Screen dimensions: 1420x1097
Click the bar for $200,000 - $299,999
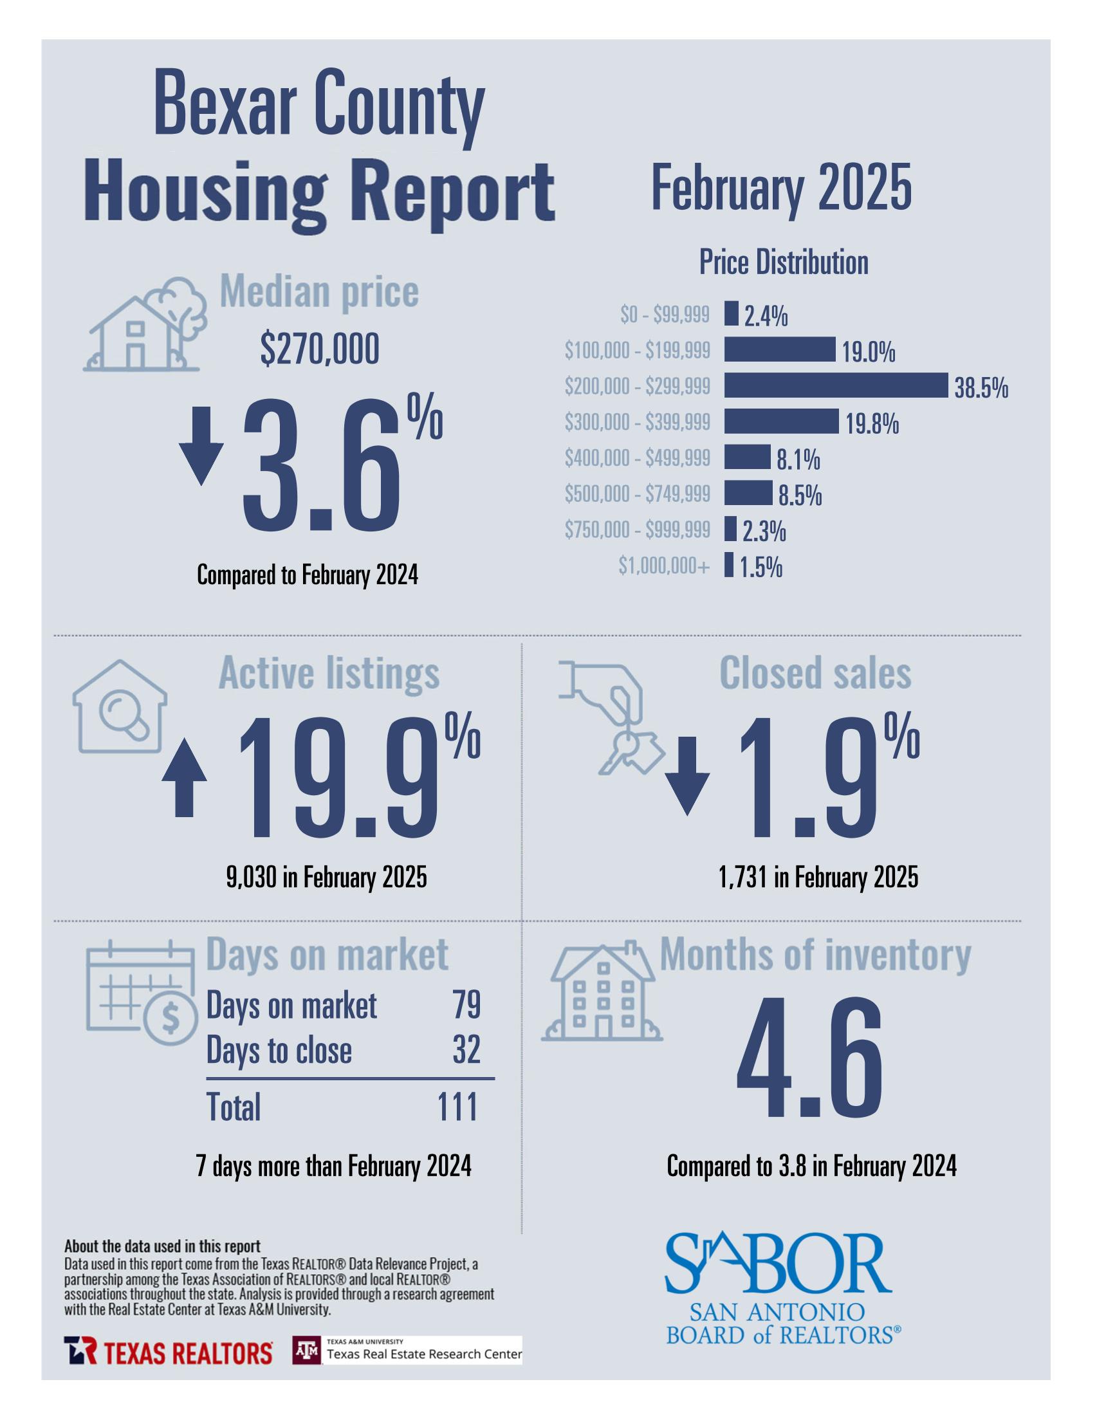[x=835, y=385]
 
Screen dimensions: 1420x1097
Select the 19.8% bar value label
[x=871, y=425]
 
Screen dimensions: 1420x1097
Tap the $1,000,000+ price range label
[x=663, y=566]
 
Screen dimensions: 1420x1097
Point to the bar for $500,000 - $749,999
[x=748, y=493]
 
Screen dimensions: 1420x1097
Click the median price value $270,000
[x=319, y=350]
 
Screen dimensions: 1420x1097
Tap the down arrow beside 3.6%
[x=201, y=445]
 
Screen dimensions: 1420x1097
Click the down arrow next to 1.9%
[x=687, y=775]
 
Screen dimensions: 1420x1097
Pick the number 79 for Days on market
[x=466, y=1005]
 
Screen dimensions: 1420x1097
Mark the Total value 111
[x=458, y=1107]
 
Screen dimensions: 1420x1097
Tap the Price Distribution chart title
[x=783, y=263]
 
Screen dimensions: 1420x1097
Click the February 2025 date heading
[x=781, y=188]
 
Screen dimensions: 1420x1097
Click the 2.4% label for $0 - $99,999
[x=766, y=317]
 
